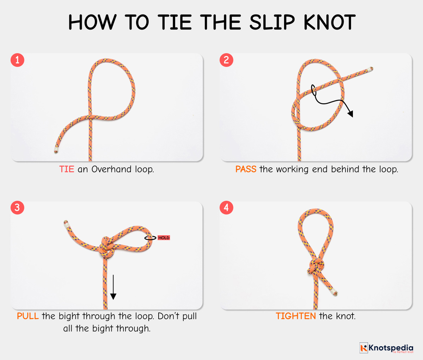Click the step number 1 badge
click(x=17, y=60)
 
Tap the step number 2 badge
click(x=226, y=60)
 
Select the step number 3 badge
click(x=17, y=207)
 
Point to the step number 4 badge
click(x=226, y=207)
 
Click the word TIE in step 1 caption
click(x=67, y=169)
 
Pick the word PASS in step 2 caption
click(x=246, y=169)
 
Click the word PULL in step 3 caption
click(x=28, y=316)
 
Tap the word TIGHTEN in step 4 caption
click(x=296, y=316)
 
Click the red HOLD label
click(x=164, y=238)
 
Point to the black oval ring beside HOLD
click(x=150, y=238)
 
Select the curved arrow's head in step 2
click(x=350, y=113)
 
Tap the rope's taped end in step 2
click(x=370, y=69)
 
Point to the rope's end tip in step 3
click(x=66, y=223)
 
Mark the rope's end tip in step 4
click(x=334, y=292)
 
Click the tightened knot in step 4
click(x=315, y=267)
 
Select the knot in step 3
click(x=105, y=247)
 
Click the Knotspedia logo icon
click(x=363, y=348)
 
